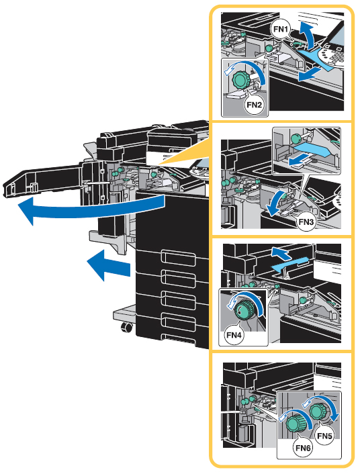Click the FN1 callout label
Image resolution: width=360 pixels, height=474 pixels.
coord(281,30)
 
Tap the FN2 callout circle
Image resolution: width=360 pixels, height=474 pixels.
coord(254,105)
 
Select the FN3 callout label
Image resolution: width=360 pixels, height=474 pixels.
coord(306,222)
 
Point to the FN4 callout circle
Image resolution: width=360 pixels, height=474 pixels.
coord(235,335)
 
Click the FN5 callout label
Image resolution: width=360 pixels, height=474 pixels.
coord(324,436)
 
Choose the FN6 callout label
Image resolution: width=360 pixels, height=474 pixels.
coord(303,448)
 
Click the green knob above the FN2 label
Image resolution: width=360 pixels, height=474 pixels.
coord(240,80)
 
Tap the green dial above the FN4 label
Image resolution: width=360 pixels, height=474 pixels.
coord(244,310)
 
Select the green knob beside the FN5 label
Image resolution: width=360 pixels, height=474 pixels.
coord(317,411)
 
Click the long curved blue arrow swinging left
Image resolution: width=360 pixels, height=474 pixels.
coord(91,209)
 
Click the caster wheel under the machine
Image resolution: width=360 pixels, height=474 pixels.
coord(126,327)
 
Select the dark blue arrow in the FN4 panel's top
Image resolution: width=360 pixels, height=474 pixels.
coord(281,252)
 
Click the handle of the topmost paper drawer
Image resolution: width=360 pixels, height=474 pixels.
coord(179,258)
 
